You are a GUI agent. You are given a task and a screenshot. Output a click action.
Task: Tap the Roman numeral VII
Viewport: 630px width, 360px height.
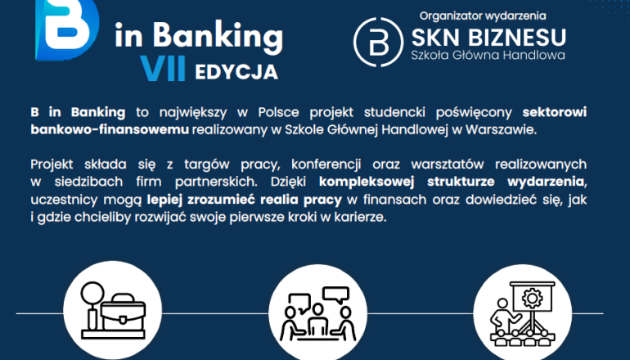pyautogui.click(x=164, y=70)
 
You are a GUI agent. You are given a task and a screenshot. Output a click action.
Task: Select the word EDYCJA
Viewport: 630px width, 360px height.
pyautogui.click(x=236, y=71)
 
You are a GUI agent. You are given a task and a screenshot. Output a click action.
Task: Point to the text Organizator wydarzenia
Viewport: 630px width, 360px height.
pyautogui.click(x=482, y=15)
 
